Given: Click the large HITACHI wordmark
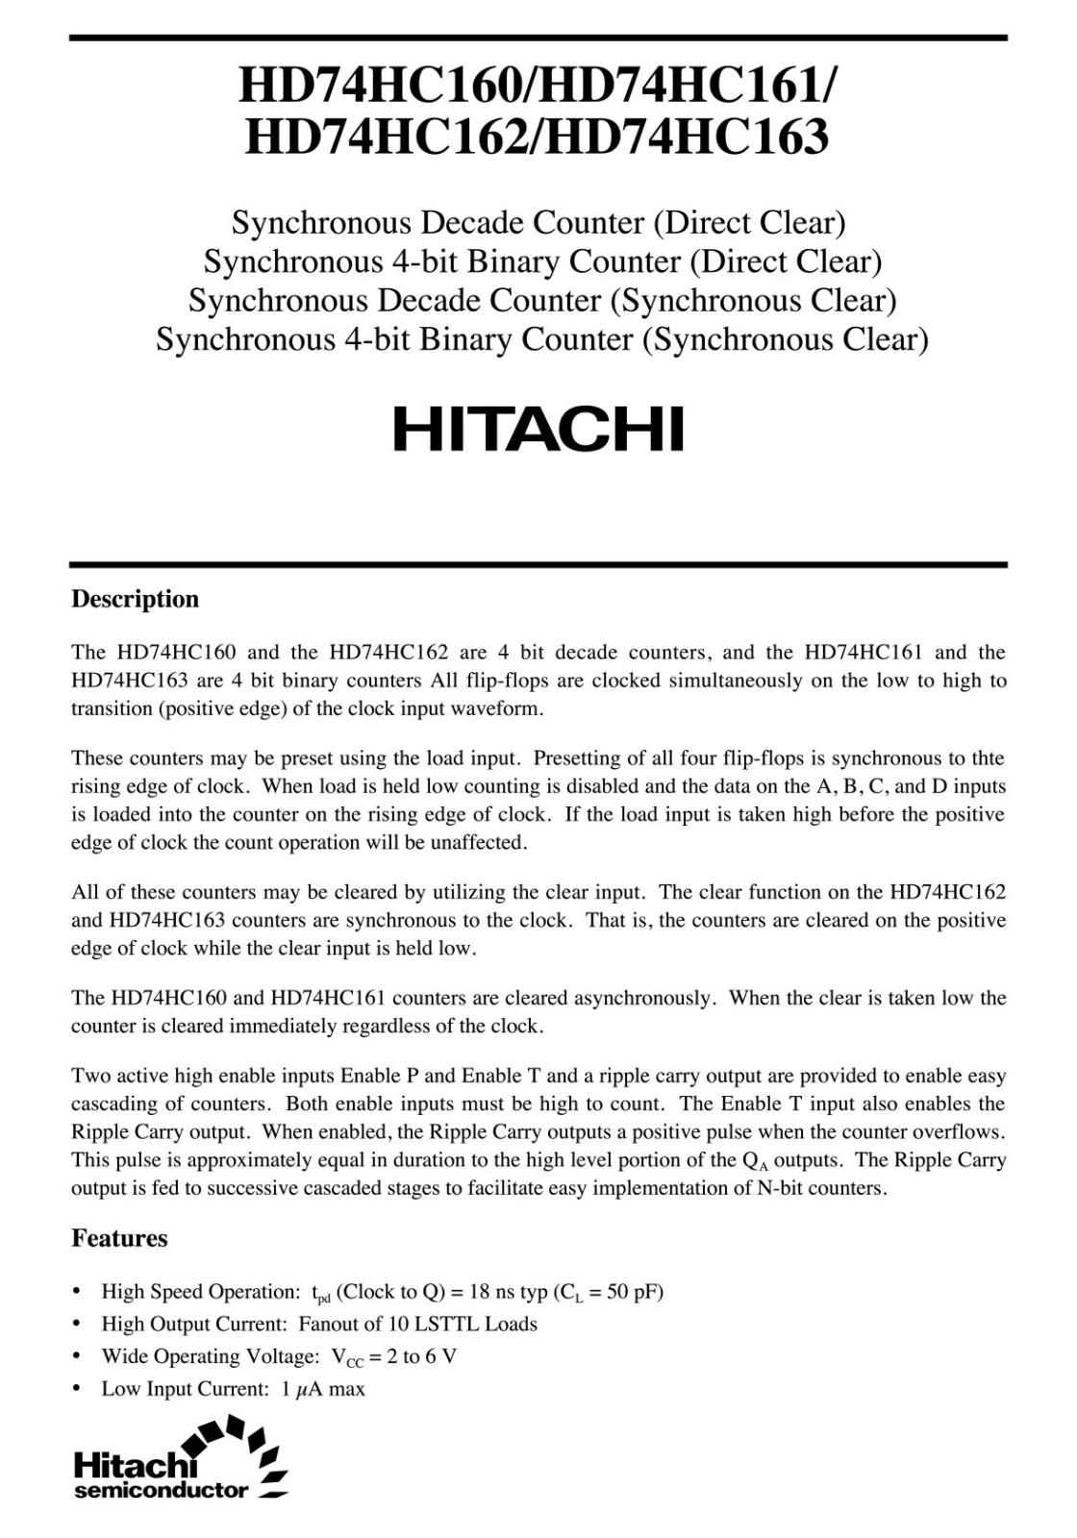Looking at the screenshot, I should (538, 429).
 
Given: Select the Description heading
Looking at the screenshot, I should (135, 599).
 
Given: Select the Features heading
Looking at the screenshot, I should (119, 1238).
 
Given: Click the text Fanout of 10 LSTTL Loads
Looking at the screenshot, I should (417, 1324).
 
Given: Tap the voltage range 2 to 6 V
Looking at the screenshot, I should (413, 1356).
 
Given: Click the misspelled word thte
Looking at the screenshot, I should (987, 758).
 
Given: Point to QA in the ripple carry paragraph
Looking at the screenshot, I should (756, 1161).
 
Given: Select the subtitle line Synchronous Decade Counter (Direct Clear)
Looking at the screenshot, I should (538, 223).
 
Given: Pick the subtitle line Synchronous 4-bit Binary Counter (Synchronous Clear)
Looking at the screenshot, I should (541, 339).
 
